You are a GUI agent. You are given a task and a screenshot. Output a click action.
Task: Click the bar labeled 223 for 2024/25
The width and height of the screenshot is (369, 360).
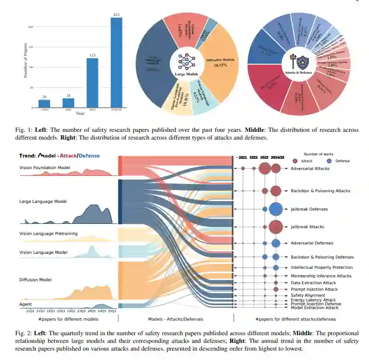(116, 62)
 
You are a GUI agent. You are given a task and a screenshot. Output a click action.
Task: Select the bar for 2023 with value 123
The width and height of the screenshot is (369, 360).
(92, 83)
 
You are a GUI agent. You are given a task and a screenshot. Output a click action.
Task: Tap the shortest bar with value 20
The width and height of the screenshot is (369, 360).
(44, 103)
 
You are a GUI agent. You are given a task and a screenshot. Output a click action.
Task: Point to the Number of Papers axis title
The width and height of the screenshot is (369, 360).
(25, 60)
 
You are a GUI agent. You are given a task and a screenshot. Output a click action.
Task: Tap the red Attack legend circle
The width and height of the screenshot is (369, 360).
(295, 161)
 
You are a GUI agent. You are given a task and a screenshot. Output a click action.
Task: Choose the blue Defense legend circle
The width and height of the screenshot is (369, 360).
(329, 161)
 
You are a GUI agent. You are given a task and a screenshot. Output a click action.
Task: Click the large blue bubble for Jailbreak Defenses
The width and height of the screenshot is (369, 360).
(276, 209)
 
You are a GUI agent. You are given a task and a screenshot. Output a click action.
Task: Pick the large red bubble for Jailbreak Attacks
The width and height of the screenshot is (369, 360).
(276, 226)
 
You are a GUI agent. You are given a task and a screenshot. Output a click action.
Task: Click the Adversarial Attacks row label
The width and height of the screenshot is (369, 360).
(310, 169)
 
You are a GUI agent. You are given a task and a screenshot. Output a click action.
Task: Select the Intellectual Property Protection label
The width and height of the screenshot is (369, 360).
(322, 268)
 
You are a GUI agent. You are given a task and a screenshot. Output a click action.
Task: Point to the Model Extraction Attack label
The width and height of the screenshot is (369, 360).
(314, 308)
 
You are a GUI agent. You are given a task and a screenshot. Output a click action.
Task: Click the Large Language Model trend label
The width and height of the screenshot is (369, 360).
(43, 201)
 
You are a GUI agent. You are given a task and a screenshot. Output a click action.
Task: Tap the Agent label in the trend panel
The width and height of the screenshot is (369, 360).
(26, 304)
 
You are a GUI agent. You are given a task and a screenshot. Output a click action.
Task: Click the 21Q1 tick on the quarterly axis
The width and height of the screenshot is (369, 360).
(30, 311)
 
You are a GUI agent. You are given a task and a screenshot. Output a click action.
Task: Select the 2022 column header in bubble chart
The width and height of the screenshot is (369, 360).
(254, 158)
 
